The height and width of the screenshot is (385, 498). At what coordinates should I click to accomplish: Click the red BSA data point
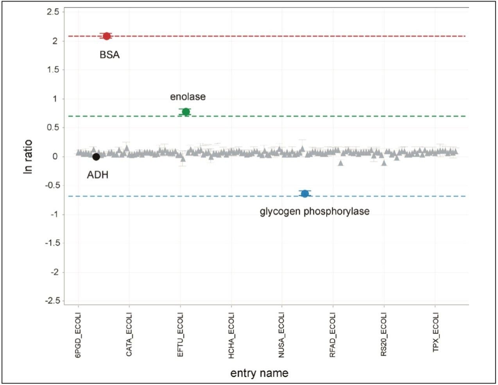(x=106, y=36)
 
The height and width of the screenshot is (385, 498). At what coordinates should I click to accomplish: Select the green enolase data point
(x=186, y=112)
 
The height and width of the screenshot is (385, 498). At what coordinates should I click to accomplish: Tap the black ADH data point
(x=96, y=157)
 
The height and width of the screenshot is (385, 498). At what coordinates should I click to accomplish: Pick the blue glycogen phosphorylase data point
(x=305, y=194)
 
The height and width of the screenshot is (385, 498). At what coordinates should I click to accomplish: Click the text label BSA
(x=109, y=55)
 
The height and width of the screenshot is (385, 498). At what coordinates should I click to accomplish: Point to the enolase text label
(x=188, y=96)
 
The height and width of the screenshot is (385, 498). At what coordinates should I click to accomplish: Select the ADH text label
(x=97, y=175)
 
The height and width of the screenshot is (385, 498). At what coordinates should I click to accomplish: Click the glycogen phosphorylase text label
(x=315, y=212)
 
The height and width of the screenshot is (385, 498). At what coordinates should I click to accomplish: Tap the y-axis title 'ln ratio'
(x=29, y=157)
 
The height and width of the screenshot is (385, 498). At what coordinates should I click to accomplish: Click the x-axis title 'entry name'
(x=259, y=373)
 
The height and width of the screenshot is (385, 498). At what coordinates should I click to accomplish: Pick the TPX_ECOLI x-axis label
(x=435, y=333)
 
